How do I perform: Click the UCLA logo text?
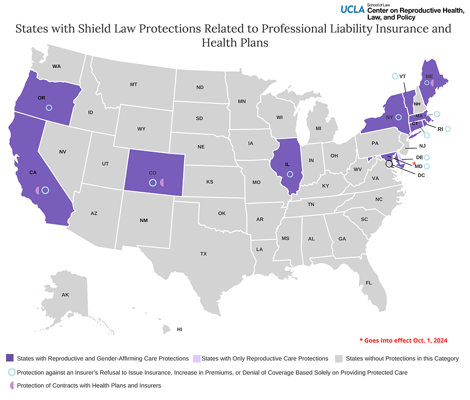352,9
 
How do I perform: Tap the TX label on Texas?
203,254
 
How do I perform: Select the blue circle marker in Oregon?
49,108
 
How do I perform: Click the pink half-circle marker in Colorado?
162,183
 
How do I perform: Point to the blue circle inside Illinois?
290,174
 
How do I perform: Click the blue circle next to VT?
395,76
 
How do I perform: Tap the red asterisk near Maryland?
414,163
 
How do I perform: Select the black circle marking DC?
388,163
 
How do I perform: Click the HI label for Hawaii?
179,329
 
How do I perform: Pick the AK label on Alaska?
65,295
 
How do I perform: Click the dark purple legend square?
10,358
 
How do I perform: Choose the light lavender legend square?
197,358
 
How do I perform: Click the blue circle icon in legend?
12,372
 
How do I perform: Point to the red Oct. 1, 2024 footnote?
403,341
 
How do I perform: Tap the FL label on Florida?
368,283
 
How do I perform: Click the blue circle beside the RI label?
447,129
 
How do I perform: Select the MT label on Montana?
133,85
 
